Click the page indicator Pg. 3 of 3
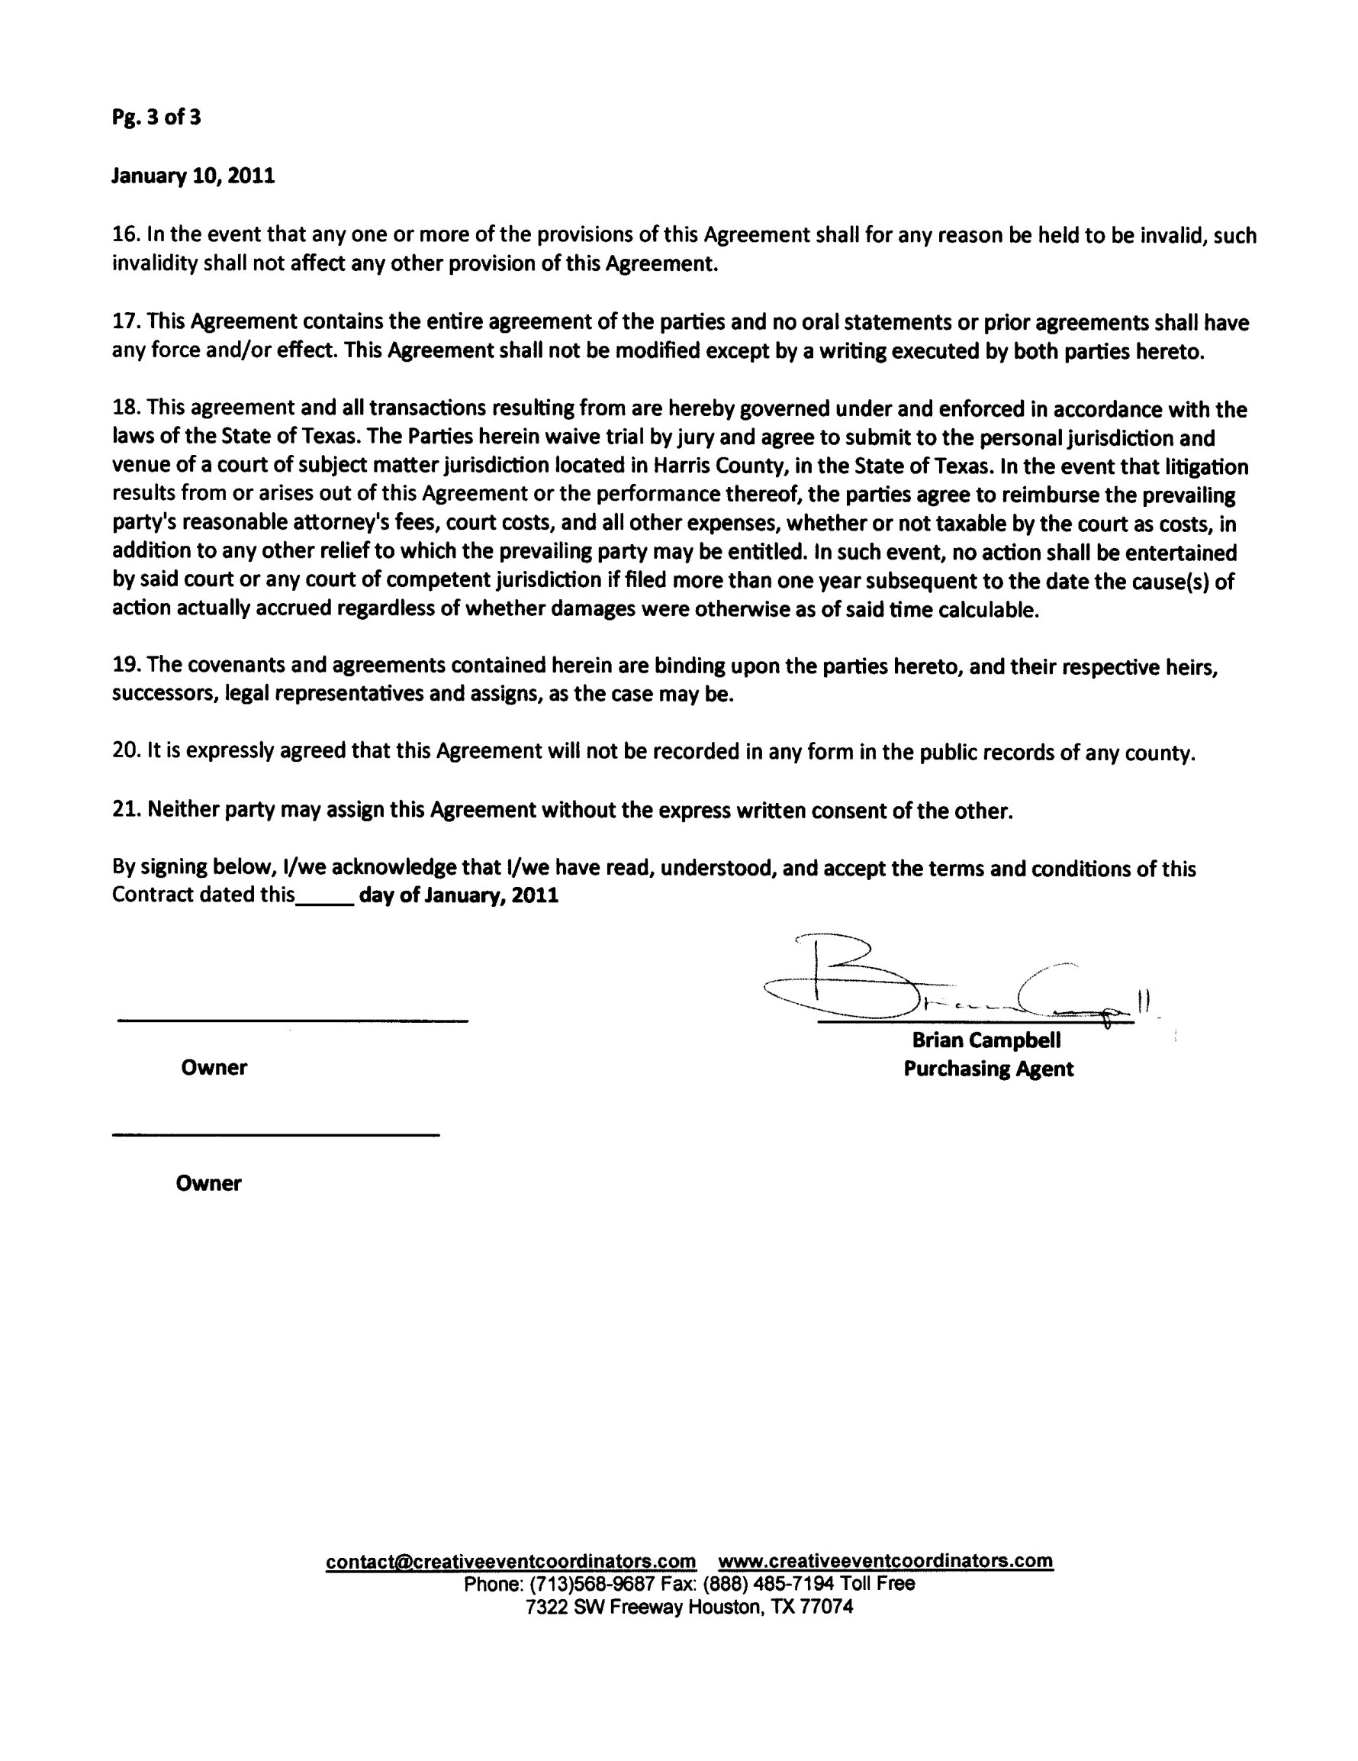pyautogui.click(x=156, y=118)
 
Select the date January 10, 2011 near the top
pyautogui.click(x=192, y=176)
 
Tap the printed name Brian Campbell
pyautogui.click(x=986, y=1040)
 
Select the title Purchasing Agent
pyautogui.click(x=988, y=1069)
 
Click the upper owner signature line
pyautogui.click(x=292, y=1021)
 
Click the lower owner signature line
pyautogui.click(x=275, y=1135)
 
